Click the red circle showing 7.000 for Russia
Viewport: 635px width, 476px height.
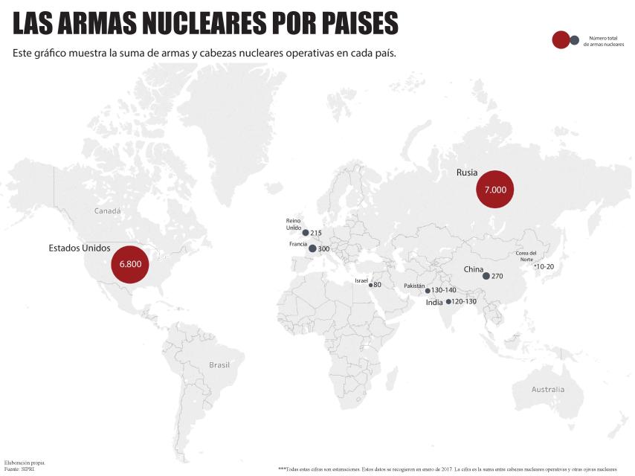pyautogui.click(x=495, y=190)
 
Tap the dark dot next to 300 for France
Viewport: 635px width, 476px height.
pyautogui.click(x=312, y=248)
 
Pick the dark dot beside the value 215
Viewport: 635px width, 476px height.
pyautogui.click(x=306, y=233)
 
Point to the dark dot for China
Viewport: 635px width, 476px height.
pyautogui.click(x=486, y=276)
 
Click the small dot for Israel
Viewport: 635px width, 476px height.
pyautogui.click(x=370, y=285)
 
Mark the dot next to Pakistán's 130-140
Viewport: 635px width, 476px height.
pyautogui.click(x=428, y=291)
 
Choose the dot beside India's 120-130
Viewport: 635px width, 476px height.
pyautogui.click(x=448, y=302)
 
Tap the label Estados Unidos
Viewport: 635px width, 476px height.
pyautogui.click(x=80, y=248)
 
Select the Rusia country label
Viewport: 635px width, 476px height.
pyautogui.click(x=467, y=173)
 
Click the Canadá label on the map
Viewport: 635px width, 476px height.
pyautogui.click(x=107, y=211)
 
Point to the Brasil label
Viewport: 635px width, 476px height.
pyautogui.click(x=219, y=365)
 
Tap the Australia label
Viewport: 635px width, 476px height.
pyautogui.click(x=548, y=390)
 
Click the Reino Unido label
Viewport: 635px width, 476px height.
pyautogui.click(x=294, y=224)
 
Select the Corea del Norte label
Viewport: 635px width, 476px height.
pyautogui.click(x=526, y=256)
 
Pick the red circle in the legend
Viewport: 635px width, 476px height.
pyautogui.click(x=561, y=40)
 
